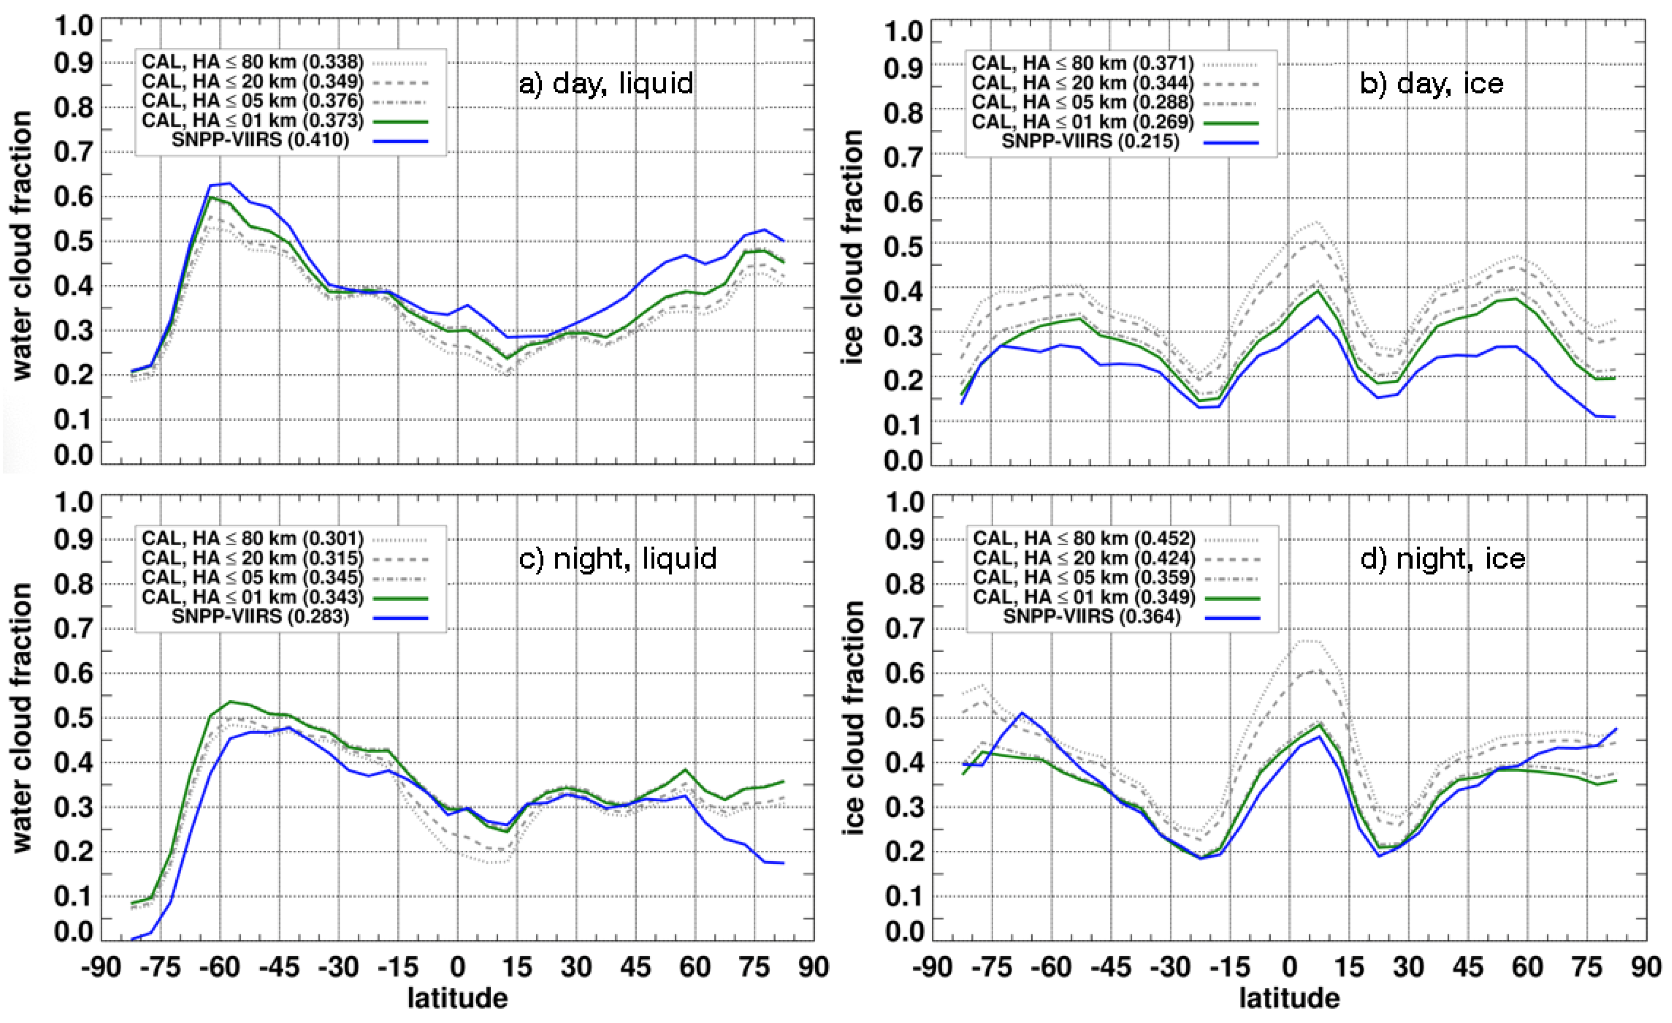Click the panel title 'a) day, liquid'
(x=606, y=84)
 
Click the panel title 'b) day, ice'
(x=1432, y=84)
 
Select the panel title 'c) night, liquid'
(x=617, y=559)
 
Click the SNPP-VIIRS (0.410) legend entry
(x=261, y=141)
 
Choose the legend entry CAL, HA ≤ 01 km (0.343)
(x=253, y=597)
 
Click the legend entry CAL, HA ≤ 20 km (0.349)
(x=253, y=81)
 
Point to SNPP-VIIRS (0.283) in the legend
(x=261, y=617)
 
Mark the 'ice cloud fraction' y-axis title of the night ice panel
(x=853, y=718)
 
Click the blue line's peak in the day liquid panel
(x=230, y=183)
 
